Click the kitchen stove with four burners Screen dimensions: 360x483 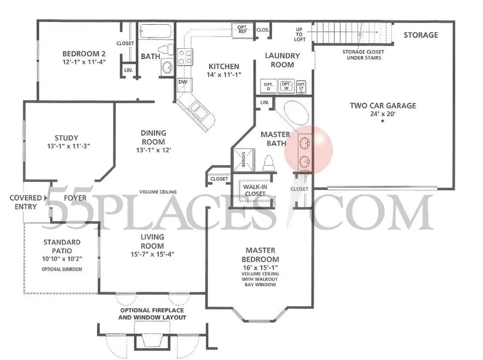[x=185, y=57]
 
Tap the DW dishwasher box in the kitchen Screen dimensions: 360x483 [x=183, y=82]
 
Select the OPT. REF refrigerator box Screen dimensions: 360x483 [x=243, y=29]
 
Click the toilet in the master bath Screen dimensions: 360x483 [x=268, y=162]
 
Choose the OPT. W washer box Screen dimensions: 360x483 [x=286, y=86]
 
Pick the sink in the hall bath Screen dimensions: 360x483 [x=166, y=68]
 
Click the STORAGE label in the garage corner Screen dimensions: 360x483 [x=421, y=35]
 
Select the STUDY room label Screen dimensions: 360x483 [x=66, y=138]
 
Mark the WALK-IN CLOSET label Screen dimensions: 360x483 [x=254, y=190]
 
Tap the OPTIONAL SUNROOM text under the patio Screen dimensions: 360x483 [x=62, y=269]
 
